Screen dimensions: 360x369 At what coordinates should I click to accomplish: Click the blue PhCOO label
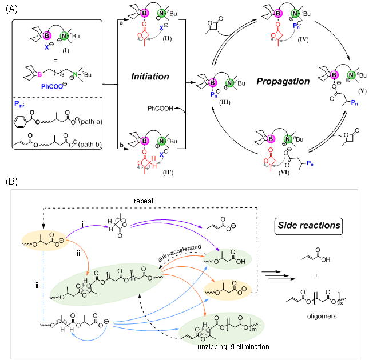[52, 87]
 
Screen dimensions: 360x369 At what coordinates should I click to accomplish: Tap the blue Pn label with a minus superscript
[19, 104]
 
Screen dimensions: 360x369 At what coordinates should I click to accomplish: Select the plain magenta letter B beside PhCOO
[39, 74]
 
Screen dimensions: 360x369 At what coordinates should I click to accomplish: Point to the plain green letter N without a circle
[75, 74]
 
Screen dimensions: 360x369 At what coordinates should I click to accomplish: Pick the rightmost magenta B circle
[334, 75]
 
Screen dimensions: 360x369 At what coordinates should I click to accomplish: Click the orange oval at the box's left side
[46, 242]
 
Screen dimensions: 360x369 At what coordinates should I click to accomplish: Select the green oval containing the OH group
[228, 259]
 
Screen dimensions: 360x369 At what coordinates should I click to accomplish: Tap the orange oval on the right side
[228, 290]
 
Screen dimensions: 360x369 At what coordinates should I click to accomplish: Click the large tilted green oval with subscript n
[107, 284]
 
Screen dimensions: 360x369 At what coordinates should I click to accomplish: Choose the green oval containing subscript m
[221, 329]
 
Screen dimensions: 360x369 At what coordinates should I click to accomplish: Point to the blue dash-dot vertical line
[43, 286]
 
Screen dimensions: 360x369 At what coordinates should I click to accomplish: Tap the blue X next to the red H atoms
[162, 155]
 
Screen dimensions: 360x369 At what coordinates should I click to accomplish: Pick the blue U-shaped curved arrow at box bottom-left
[89, 337]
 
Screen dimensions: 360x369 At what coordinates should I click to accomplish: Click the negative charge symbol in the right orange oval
[243, 290]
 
